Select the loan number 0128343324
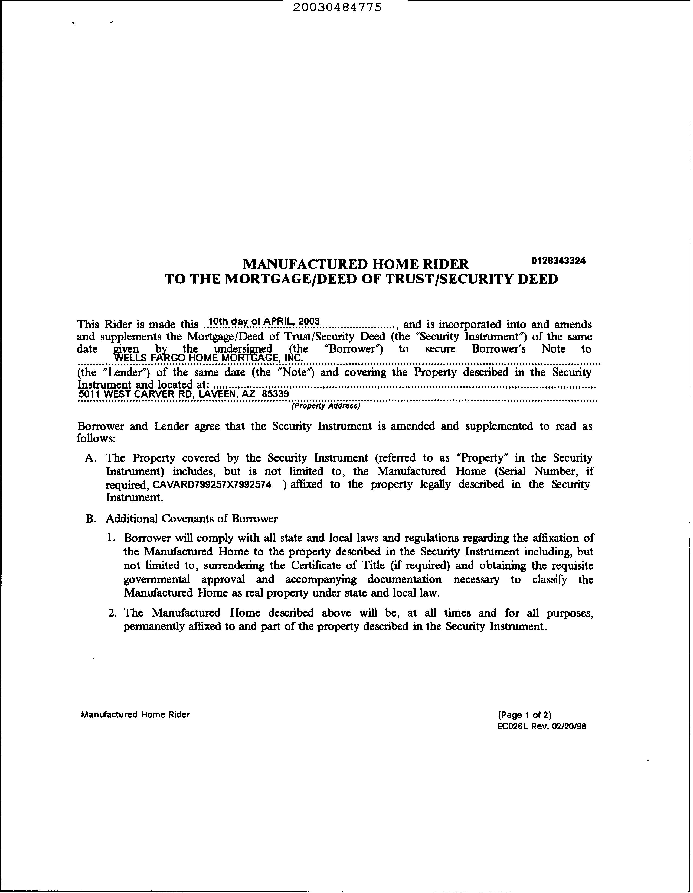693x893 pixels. click(558, 260)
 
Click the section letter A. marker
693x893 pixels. click(90, 458)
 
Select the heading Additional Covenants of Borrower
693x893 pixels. click(192, 519)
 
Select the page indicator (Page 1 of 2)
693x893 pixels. click(525, 715)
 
